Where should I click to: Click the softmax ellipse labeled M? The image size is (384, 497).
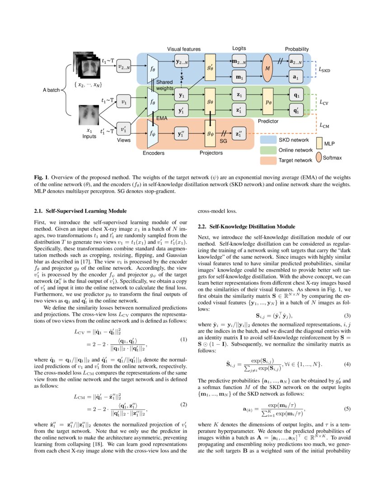click(x=267, y=68)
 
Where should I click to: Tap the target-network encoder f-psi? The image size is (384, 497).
click(x=152, y=134)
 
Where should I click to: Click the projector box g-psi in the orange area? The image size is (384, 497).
click(x=210, y=134)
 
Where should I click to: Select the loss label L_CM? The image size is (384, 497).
click(x=324, y=125)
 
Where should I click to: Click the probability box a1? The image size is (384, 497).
click(x=295, y=77)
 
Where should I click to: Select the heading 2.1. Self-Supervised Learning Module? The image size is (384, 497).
click(x=80, y=211)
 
